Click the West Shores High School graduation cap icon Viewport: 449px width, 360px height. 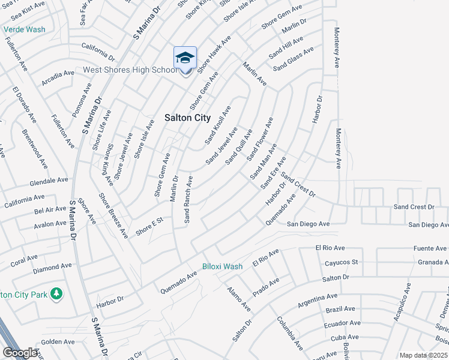click(185, 58)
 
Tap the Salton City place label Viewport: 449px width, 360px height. click(187, 118)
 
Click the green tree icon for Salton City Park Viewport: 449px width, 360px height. click(56, 293)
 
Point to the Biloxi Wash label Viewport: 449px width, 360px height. click(222, 266)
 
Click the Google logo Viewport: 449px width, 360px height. click(20, 353)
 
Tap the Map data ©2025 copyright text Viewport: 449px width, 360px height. click(423, 355)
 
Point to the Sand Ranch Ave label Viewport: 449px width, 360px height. click(188, 200)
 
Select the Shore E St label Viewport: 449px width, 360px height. click(149, 227)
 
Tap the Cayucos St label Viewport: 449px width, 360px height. click(340, 262)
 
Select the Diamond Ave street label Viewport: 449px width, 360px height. click(52, 266)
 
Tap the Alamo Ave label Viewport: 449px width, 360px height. click(239, 298)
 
